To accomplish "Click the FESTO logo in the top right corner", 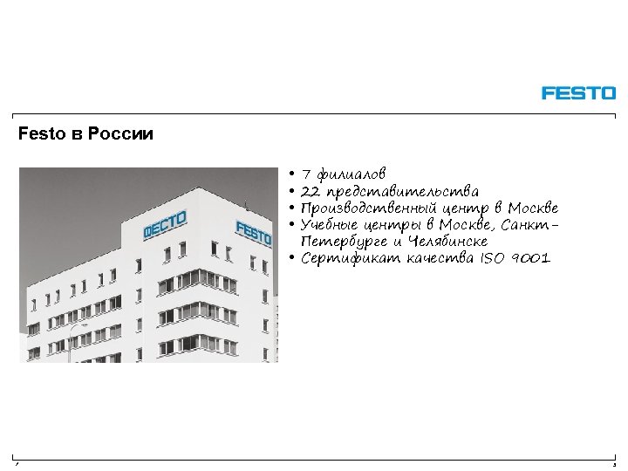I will point(578,92).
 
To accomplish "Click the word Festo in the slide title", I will point(36,135).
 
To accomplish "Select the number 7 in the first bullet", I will point(306,174).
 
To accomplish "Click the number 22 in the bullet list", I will point(311,191).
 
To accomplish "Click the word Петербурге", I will point(343,242).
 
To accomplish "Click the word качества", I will point(433,258).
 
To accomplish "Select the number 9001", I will point(533,258).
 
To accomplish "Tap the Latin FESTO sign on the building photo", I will point(253,232).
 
